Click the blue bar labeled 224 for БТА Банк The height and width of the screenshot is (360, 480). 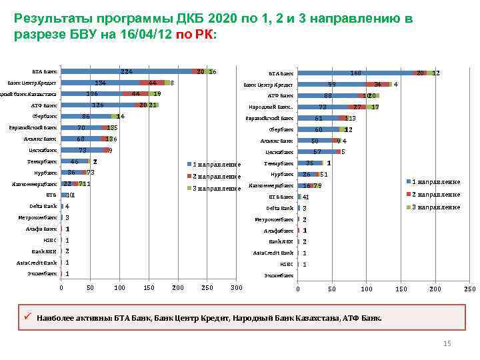[126, 71]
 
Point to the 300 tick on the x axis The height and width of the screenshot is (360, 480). [235, 287]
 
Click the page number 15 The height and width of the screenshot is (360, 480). [447, 343]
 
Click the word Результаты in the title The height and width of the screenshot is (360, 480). [50, 19]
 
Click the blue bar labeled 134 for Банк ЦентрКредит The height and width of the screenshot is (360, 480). [100, 83]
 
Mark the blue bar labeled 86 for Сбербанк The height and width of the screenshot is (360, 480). [86, 117]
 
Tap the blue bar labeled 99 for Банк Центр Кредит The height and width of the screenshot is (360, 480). [331, 85]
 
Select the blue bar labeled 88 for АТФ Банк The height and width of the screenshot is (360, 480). [327, 95]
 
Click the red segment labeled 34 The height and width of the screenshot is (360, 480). [377, 85]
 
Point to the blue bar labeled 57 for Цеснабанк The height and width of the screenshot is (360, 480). [317, 152]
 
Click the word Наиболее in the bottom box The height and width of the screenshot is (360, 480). [55, 318]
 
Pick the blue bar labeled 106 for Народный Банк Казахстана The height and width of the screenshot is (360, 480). [92, 94]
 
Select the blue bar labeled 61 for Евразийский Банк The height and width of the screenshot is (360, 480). [318, 118]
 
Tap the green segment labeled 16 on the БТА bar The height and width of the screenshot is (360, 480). [211, 71]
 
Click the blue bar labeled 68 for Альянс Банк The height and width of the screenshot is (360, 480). [81, 139]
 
